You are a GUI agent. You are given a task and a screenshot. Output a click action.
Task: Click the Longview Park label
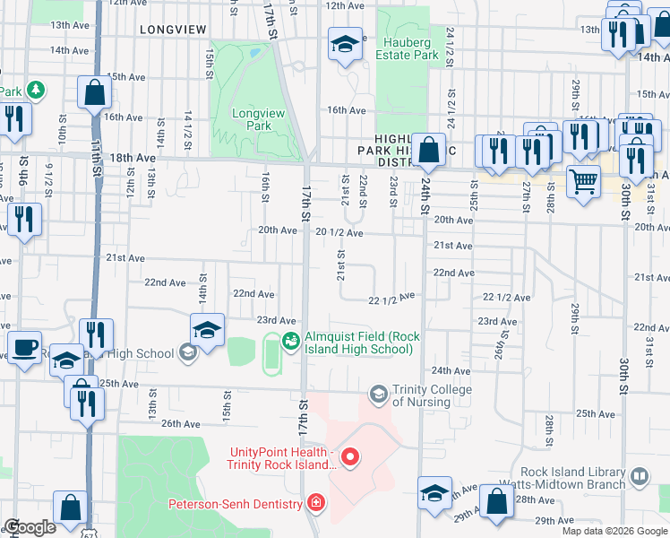252,119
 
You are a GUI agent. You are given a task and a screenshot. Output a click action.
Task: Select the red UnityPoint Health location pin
350,459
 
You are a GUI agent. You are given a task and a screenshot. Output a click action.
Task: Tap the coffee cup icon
24,346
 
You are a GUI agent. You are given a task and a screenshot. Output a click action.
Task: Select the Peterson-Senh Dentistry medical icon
314,504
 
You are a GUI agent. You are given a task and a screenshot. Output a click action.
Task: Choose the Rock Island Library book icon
640,476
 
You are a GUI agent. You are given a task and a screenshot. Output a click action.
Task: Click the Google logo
30,527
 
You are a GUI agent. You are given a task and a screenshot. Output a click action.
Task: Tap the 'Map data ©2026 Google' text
614,531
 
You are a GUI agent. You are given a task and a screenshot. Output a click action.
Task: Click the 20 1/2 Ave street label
339,232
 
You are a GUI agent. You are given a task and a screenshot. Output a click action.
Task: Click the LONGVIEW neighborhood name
174,30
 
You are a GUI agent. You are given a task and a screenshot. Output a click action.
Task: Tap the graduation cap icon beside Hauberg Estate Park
344,44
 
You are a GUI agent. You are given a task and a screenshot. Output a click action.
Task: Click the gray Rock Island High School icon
188,353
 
